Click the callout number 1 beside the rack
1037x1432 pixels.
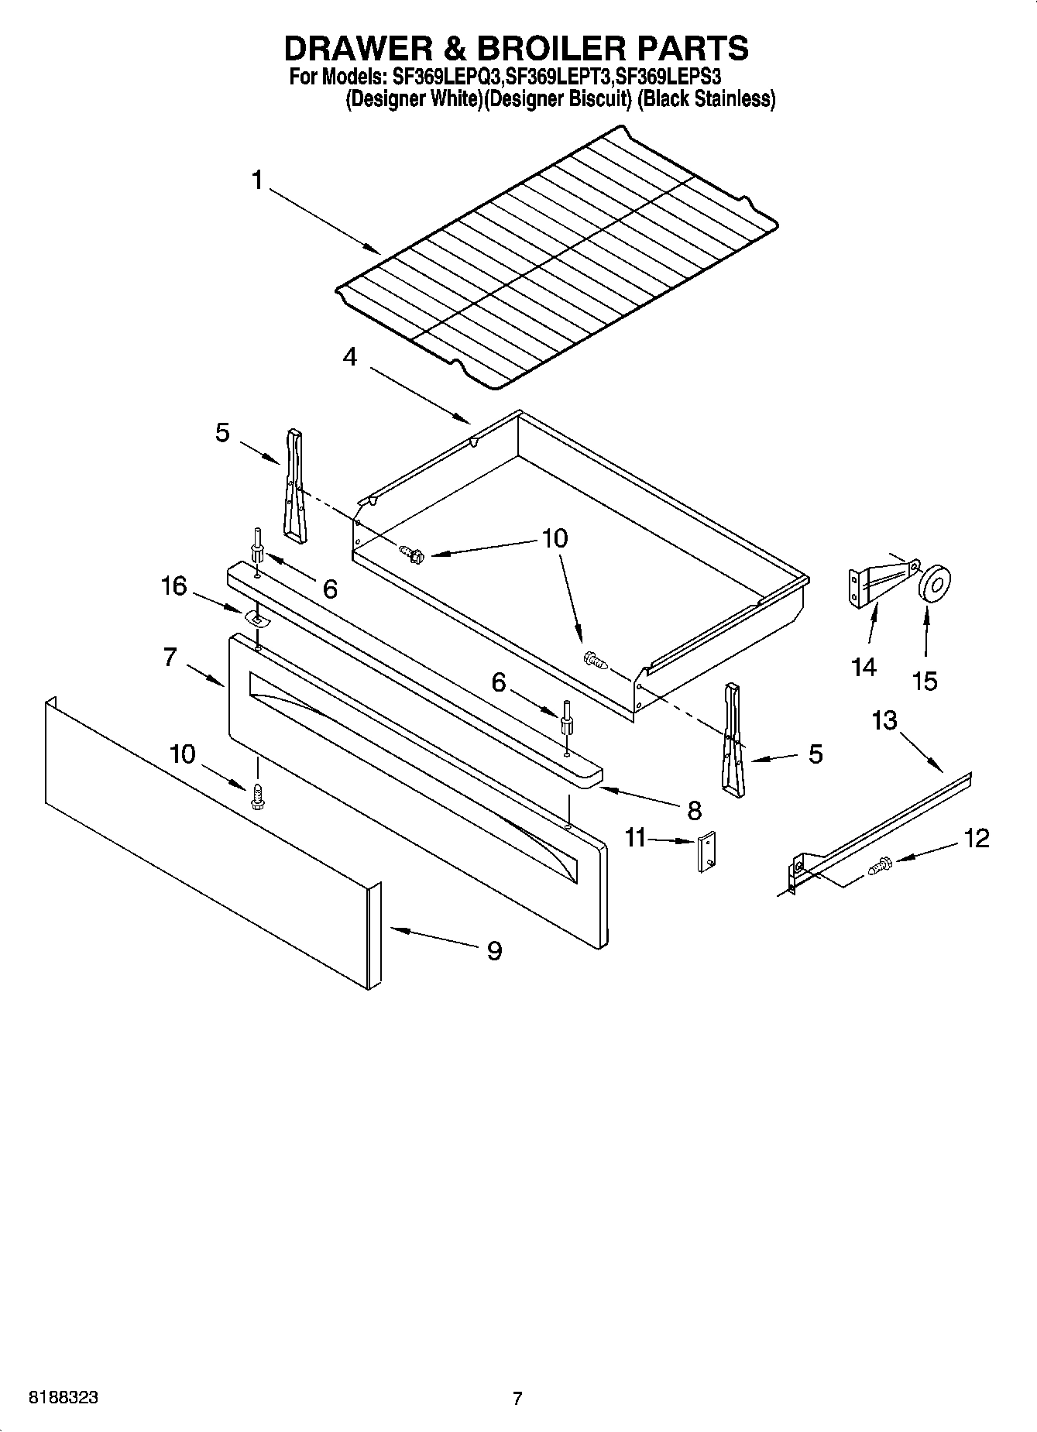[256, 180]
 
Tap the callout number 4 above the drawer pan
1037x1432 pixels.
[350, 357]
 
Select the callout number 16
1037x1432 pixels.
[173, 586]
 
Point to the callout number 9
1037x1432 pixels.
[494, 950]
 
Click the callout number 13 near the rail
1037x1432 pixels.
[884, 720]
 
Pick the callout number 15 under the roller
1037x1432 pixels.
[925, 681]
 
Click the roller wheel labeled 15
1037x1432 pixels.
[934, 582]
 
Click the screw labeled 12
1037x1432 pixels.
[881, 865]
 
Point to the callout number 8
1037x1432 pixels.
[694, 810]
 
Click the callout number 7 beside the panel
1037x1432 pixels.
[171, 658]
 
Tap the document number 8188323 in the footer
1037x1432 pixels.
[63, 1398]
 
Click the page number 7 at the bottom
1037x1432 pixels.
[517, 1398]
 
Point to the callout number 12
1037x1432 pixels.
[977, 838]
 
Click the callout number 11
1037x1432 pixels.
[635, 838]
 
